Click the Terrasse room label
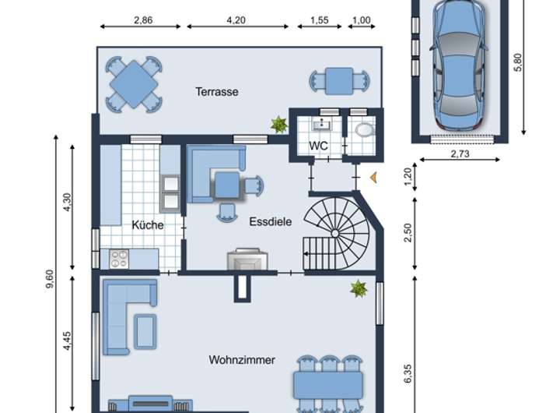point(217,92)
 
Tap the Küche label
point(148,224)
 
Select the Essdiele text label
point(271,221)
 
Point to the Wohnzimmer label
point(242,360)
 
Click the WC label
point(318,146)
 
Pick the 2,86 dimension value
point(143,20)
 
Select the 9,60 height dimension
point(50,278)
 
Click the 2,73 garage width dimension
point(460,154)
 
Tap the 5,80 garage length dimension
point(517,62)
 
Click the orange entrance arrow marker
point(373,178)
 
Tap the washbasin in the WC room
point(322,125)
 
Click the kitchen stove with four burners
point(119,259)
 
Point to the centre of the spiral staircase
point(334,234)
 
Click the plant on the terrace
point(279,125)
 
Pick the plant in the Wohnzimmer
point(359,289)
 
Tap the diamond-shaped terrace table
point(134,84)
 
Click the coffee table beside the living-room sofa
point(145,331)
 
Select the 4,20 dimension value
point(236,20)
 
